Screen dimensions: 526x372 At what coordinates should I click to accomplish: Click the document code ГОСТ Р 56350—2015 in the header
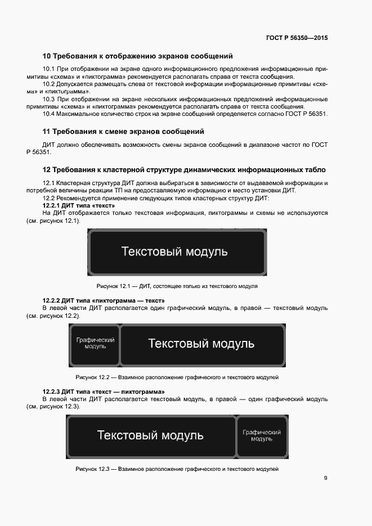click(297, 38)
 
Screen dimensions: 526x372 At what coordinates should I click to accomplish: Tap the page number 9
click(325, 478)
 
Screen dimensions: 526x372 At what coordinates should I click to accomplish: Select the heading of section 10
click(138, 56)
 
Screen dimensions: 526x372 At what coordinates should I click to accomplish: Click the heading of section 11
click(123, 132)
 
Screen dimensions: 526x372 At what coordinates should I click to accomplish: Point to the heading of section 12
click(184, 169)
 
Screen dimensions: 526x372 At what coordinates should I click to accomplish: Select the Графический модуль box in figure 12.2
click(95, 344)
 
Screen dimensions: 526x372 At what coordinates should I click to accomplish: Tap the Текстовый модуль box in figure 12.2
click(201, 344)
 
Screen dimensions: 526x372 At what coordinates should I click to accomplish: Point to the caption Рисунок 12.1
click(177, 286)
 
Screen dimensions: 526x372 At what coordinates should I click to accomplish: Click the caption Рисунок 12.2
click(177, 377)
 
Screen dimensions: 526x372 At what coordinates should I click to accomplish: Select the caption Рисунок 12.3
click(177, 469)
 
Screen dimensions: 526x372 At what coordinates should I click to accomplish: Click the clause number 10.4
click(49, 114)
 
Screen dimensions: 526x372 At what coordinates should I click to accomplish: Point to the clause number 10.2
click(49, 84)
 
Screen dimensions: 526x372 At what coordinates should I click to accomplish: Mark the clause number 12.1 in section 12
click(49, 183)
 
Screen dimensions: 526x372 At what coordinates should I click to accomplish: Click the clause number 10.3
click(49, 99)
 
